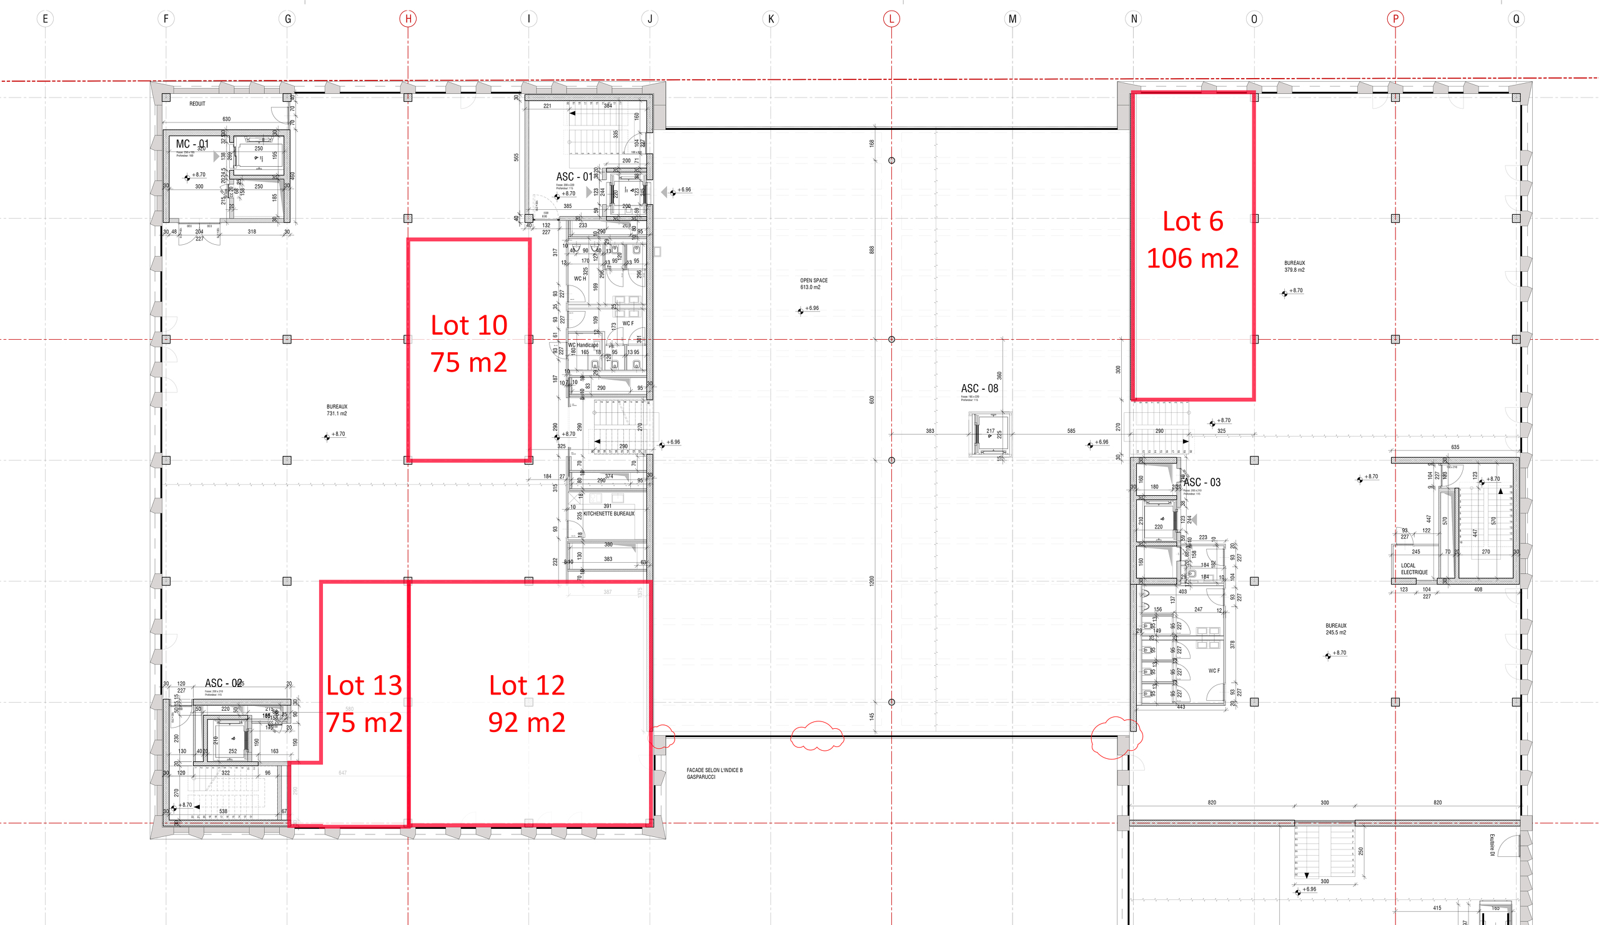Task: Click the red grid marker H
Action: pyautogui.click(x=408, y=18)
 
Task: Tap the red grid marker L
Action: pyautogui.click(x=891, y=18)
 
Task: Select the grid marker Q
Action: pyautogui.click(x=1516, y=18)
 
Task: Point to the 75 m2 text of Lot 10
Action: pyautogui.click(x=468, y=362)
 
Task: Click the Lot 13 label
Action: pyautogui.click(x=364, y=685)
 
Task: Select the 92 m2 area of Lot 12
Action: pyautogui.click(x=526, y=722)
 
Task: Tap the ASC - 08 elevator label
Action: pyautogui.click(x=979, y=388)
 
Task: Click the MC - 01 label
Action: pyautogui.click(x=191, y=144)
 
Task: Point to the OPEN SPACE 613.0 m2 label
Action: pyautogui.click(x=813, y=284)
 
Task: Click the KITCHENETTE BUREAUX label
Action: pyautogui.click(x=608, y=513)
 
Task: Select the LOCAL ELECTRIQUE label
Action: pyautogui.click(x=1413, y=568)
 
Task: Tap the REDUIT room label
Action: pyautogui.click(x=197, y=104)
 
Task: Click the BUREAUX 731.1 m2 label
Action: pyautogui.click(x=336, y=410)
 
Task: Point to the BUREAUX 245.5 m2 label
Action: pyautogui.click(x=1335, y=629)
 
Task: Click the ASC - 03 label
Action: pyautogui.click(x=1201, y=482)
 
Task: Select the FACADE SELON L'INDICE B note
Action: pyautogui.click(x=714, y=773)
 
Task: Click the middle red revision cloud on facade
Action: pyautogui.click(x=816, y=736)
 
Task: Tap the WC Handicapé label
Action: pyautogui.click(x=583, y=345)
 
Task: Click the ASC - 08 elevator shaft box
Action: pyautogui.click(x=989, y=434)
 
